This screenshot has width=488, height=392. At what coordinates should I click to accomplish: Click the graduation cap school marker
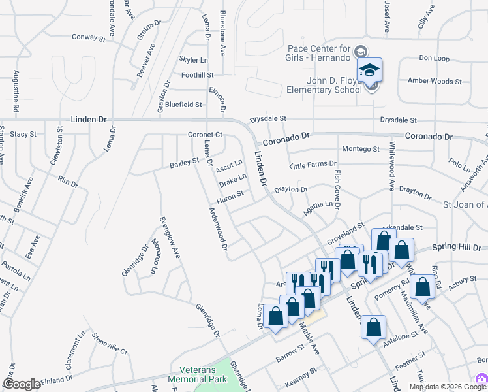[x=369, y=71]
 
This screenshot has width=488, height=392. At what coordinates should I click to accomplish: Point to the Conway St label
[x=88, y=38]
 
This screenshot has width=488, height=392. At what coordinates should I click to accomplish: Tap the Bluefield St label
[x=183, y=104]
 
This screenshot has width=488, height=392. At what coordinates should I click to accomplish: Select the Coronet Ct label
[x=206, y=135]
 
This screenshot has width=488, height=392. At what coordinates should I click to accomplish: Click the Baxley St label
[x=184, y=161]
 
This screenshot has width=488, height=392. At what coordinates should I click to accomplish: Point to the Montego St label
[x=361, y=149]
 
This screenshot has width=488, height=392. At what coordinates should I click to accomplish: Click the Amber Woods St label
[x=435, y=82]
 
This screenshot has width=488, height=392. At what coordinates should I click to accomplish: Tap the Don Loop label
[x=434, y=59]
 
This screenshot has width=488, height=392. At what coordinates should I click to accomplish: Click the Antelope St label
[x=401, y=337]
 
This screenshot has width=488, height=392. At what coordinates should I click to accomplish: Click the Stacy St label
[x=23, y=134]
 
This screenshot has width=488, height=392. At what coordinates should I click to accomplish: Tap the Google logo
[x=22, y=384]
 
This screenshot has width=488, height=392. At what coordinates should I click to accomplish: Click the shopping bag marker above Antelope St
[x=374, y=327]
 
